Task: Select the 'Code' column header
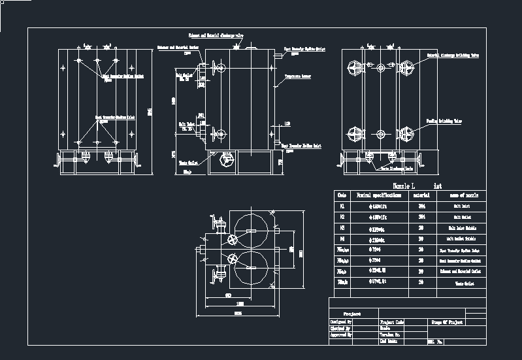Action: pos(342,195)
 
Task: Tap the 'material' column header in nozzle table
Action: pos(421,195)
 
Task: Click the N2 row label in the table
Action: pos(342,217)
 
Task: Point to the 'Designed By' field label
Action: pos(341,321)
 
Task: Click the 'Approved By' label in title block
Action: pos(341,335)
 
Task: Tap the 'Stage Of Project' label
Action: pos(447,322)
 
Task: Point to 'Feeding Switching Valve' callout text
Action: pos(444,121)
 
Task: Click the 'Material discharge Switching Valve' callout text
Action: pos(453,56)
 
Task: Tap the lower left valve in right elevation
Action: pos(357,134)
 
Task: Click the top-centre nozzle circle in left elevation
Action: pos(97,61)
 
